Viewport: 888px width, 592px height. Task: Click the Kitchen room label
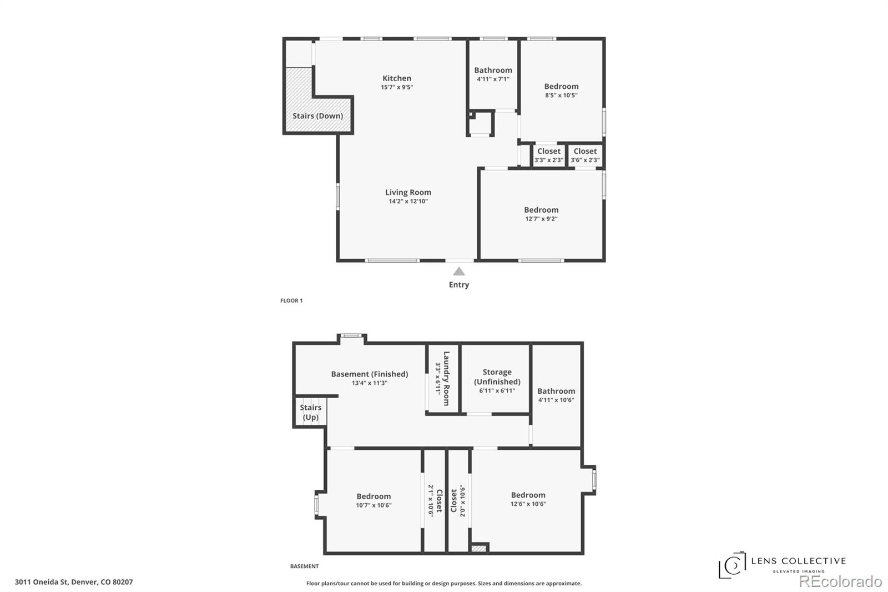tap(396, 78)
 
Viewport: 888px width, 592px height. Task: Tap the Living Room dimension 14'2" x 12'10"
tap(408, 202)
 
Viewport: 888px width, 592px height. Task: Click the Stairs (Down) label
tap(317, 116)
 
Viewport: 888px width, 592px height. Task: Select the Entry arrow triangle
tap(458, 272)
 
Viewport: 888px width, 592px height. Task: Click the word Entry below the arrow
tap(458, 285)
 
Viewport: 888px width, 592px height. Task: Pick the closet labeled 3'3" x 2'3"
tap(548, 155)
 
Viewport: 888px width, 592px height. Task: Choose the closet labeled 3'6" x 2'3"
tap(585, 155)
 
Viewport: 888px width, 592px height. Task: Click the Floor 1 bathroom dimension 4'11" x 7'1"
tap(493, 79)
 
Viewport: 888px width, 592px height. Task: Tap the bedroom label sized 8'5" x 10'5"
tap(561, 87)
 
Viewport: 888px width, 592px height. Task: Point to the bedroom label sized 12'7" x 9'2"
tap(541, 210)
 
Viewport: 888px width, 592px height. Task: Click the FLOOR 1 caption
tap(291, 301)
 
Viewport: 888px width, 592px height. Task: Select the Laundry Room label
tap(446, 378)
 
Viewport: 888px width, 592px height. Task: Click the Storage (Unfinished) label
tap(497, 377)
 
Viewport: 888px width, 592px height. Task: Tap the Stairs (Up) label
tap(310, 412)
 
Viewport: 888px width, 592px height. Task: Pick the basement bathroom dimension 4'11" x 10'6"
tap(556, 400)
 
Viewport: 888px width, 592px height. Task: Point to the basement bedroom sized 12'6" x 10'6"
tap(528, 495)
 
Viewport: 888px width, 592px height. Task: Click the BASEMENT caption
tap(304, 566)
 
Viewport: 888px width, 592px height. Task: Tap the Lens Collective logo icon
tap(732, 565)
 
